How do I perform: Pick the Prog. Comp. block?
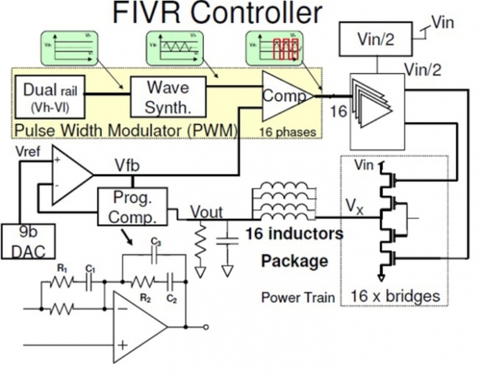pos(127,207)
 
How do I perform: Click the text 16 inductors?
pos(294,234)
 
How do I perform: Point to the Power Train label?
pos(298,297)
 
